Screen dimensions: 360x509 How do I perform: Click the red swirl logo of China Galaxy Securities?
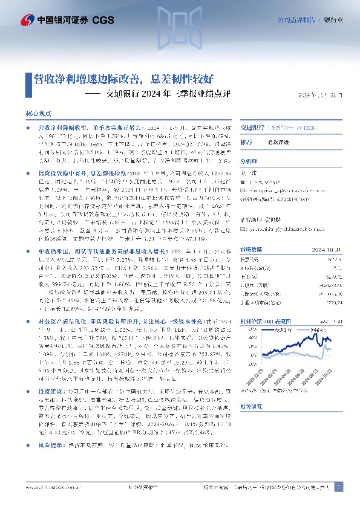tap(26, 19)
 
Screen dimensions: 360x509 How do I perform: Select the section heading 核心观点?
tap(38, 113)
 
